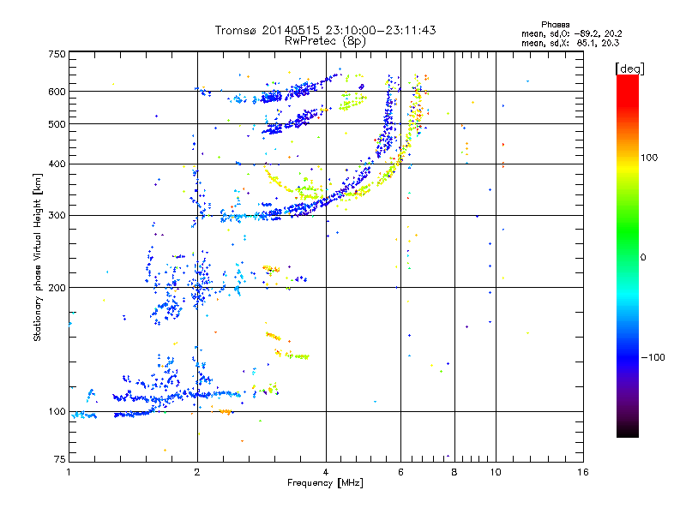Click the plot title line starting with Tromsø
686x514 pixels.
pyautogui.click(x=326, y=30)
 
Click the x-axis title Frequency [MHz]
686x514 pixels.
pyautogui.click(x=326, y=483)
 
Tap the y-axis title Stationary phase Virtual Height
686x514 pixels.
pyautogui.click(x=38, y=257)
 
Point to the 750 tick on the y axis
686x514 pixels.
pyautogui.click(x=57, y=53)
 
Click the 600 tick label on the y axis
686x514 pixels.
pyautogui.click(x=57, y=92)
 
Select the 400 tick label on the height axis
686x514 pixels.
pyautogui.click(x=57, y=164)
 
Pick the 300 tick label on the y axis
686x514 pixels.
pyautogui.click(x=57, y=215)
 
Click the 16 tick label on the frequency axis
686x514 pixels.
pyautogui.click(x=582, y=472)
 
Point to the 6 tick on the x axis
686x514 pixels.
pyautogui.click(x=400, y=472)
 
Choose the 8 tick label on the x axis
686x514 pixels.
pyautogui.click(x=454, y=472)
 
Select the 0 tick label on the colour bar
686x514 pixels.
pyautogui.click(x=643, y=257)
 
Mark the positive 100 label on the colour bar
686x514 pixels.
pyautogui.click(x=648, y=158)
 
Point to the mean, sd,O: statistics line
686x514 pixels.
pyautogui.click(x=563, y=33)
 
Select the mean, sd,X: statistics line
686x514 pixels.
pyautogui.click(x=563, y=42)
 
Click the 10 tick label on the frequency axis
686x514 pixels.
pyautogui.click(x=496, y=472)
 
